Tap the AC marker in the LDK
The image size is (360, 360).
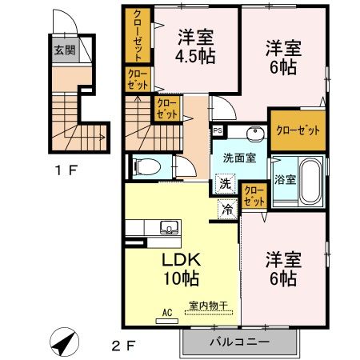click(167, 313)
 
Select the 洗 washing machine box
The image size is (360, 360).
click(226, 184)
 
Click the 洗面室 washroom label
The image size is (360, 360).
click(239, 158)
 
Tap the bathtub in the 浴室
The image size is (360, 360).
click(310, 177)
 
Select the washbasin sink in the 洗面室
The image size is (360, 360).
click(254, 133)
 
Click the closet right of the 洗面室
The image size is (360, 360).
click(298, 130)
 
